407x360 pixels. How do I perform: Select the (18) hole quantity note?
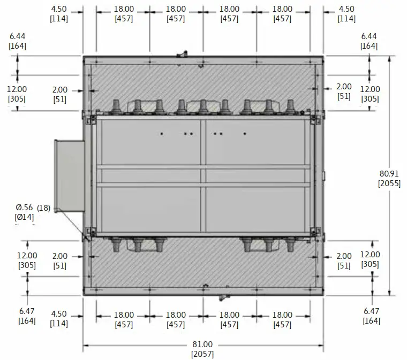[44, 208]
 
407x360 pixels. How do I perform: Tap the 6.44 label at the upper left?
[18, 36]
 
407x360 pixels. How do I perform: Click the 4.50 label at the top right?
[346, 9]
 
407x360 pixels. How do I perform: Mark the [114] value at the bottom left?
[59, 323]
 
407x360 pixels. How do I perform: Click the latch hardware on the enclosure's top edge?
[183, 53]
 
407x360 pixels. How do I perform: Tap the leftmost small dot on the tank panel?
[161, 133]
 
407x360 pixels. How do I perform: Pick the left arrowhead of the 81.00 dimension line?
[86, 344]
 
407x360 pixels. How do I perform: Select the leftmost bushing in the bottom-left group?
[115, 245]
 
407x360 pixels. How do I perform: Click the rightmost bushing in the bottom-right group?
[290, 245]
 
